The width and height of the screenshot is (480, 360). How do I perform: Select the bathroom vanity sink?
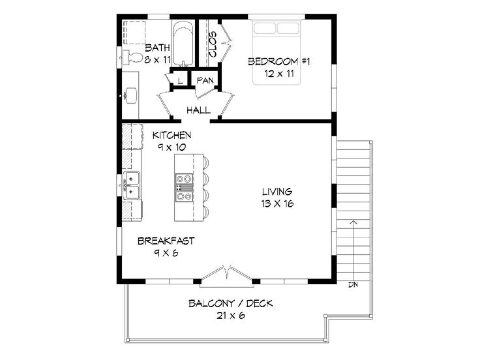click(x=130, y=95)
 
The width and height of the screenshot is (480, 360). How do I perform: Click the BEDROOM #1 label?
click(x=279, y=61)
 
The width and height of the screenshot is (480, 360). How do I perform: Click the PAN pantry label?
click(x=205, y=80)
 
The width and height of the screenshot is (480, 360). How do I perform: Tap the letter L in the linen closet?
click(x=180, y=81)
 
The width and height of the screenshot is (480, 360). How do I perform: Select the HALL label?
click(x=198, y=110)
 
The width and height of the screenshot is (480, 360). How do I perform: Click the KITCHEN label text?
click(x=172, y=135)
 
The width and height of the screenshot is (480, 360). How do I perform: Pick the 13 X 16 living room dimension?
click(x=277, y=204)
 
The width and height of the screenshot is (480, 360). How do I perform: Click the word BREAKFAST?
click(x=166, y=241)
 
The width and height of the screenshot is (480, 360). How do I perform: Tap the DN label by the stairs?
click(x=353, y=285)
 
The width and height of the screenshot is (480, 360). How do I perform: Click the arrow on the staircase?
click(x=353, y=252)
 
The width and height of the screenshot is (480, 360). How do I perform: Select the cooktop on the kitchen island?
click(x=184, y=188)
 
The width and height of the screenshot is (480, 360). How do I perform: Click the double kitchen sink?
click(x=131, y=185)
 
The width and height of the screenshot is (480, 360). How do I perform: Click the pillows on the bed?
click(x=276, y=28)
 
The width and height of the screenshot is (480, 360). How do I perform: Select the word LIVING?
click(x=277, y=192)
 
